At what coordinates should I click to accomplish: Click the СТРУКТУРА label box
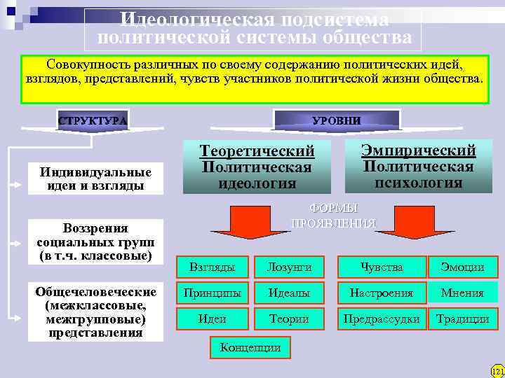click(93, 120)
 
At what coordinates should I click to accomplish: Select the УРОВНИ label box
click(337, 120)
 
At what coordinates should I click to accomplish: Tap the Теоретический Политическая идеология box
click(257, 167)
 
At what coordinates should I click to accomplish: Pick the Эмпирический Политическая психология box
click(418, 166)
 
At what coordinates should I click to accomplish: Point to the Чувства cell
click(382, 267)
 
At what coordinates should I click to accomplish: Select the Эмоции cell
click(462, 267)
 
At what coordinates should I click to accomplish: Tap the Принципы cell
click(213, 293)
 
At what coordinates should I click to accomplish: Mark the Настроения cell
click(382, 293)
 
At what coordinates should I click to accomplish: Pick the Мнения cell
click(462, 293)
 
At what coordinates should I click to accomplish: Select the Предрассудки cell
click(382, 318)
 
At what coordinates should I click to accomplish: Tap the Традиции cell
click(462, 318)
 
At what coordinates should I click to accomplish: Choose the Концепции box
click(250, 346)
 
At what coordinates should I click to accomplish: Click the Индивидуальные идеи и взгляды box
click(95, 178)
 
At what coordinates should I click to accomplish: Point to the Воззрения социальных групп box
click(95, 241)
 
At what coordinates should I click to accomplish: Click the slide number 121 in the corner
click(497, 370)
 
